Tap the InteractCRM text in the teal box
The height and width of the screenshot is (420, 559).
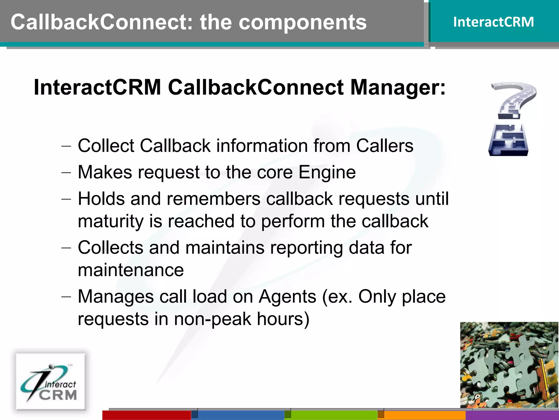click(493, 22)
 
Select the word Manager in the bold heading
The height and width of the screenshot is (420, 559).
click(397, 87)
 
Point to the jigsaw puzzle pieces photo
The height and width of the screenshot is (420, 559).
click(509, 365)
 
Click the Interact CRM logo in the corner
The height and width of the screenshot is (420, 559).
click(51, 382)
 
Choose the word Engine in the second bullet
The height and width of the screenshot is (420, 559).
click(327, 172)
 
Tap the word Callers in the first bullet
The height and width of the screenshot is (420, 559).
click(385, 145)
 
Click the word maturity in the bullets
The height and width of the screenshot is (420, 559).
click(110, 221)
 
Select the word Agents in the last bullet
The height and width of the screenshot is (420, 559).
click(287, 296)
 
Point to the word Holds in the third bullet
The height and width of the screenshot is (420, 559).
click(101, 199)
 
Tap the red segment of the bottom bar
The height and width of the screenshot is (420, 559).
click(147, 415)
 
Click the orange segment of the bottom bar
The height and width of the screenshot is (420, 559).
click(425, 415)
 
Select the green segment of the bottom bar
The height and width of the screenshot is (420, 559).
click(334, 415)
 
